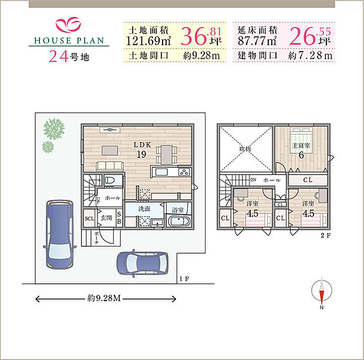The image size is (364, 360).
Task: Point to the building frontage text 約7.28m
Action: coord(311,56)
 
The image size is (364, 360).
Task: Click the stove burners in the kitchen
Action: coord(183,171)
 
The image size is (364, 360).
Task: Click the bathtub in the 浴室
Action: coord(177,223)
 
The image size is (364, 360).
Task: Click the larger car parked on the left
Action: coord(58,238)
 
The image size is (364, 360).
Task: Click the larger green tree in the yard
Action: coord(53,127)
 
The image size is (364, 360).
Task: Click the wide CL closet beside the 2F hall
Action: coord(307,180)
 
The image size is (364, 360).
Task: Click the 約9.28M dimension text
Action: coord(106,298)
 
